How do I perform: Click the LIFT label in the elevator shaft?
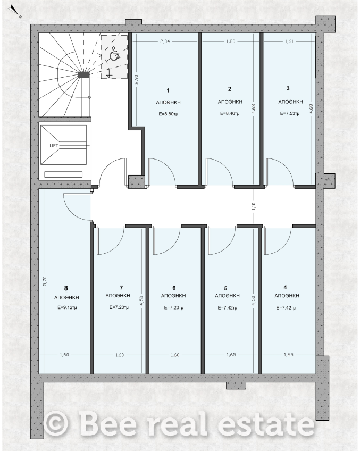coord(54,146)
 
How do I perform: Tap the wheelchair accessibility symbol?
coord(114,54)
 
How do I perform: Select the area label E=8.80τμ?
coord(169,114)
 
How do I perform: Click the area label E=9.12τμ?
coord(67,307)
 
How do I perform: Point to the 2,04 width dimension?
coord(165,41)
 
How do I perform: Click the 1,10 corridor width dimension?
coord(253,206)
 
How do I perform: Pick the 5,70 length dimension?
coord(44,281)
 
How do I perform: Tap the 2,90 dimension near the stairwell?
coord(137,79)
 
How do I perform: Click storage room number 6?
coord(174,288)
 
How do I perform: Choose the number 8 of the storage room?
coord(66,288)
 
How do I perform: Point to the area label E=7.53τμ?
coord(290,113)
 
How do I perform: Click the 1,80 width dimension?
coord(231,41)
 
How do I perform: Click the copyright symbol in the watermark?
coord(57,423)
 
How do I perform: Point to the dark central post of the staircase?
coord(84,75)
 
